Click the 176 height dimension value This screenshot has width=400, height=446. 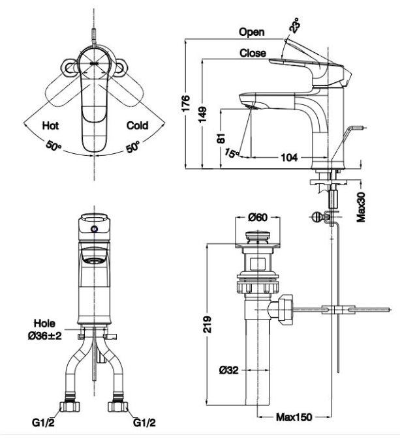[x=185, y=104]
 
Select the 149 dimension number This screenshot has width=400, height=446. [x=202, y=115]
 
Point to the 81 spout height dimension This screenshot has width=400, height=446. [x=221, y=138]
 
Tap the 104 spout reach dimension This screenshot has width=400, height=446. [x=289, y=157]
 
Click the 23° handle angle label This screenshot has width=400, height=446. [x=294, y=25]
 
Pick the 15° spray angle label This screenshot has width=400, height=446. [x=232, y=153]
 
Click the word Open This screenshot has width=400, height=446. [x=252, y=32]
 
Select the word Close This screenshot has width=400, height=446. [x=253, y=53]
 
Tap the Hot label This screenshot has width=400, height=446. [x=50, y=125]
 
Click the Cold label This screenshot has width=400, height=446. [x=138, y=125]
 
